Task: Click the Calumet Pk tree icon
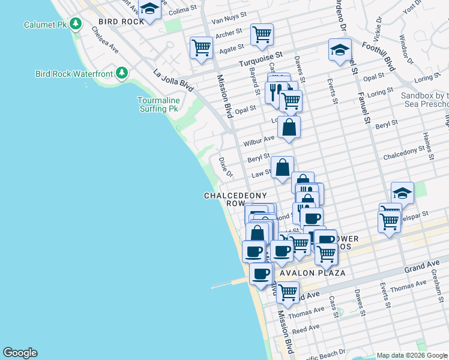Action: [x=76, y=25]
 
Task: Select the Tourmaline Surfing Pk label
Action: [x=158, y=104]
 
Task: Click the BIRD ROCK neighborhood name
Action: [x=121, y=22]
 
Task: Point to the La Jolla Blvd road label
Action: [x=173, y=80]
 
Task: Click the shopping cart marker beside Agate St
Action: [x=201, y=47]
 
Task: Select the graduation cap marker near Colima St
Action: [x=149, y=9]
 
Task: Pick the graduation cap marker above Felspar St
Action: [x=402, y=193]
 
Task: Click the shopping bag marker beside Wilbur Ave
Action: [x=289, y=127]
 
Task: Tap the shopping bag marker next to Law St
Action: [x=282, y=167]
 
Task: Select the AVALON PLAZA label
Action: [x=312, y=273]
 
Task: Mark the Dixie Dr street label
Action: [x=224, y=168]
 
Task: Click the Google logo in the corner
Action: [x=20, y=353]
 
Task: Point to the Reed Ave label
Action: [x=306, y=329]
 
